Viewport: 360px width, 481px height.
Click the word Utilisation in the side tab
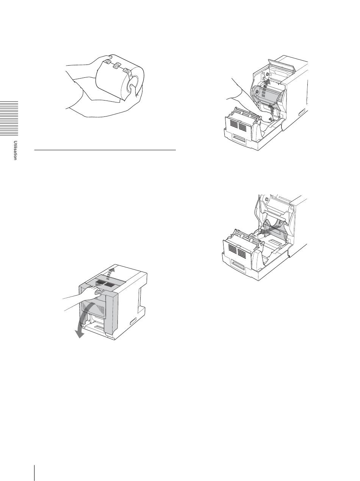pyautogui.click(x=15, y=150)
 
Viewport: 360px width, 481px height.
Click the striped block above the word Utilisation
pyautogui.click(x=9, y=118)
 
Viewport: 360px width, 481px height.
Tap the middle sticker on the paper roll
pyautogui.click(x=117, y=65)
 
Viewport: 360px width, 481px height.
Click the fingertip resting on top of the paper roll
pyautogui.click(x=110, y=57)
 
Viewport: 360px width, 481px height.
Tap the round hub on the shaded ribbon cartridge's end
pyautogui.click(x=257, y=91)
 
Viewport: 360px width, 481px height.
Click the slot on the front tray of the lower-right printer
pyautogui.click(x=238, y=266)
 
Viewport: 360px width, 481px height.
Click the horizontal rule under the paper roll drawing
pyautogui.click(x=105, y=150)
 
